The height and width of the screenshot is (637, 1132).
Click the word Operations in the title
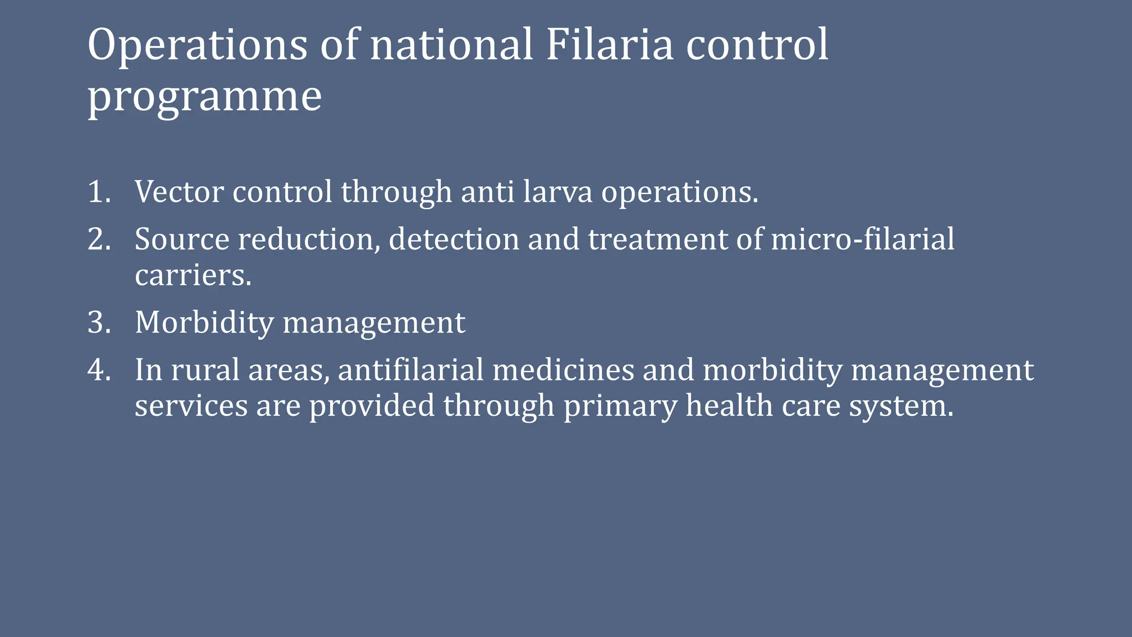[197, 45]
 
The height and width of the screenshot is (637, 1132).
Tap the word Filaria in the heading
[610, 45]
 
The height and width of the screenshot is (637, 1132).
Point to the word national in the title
[451, 45]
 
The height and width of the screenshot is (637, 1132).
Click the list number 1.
[98, 192]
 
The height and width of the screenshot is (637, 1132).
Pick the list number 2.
[98, 240]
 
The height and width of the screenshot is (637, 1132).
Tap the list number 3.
[98, 323]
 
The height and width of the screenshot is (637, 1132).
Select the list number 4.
[98, 370]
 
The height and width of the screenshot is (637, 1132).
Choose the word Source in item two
[182, 240]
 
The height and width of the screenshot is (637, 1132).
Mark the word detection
[453, 240]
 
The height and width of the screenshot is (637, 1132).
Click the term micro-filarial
[862, 240]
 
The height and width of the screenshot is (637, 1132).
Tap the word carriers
[192, 275]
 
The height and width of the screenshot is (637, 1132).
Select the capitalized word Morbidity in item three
[204, 323]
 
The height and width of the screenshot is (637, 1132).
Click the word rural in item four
[205, 370]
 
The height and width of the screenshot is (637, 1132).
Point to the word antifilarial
[411, 370]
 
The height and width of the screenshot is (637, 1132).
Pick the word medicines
[563, 370]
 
